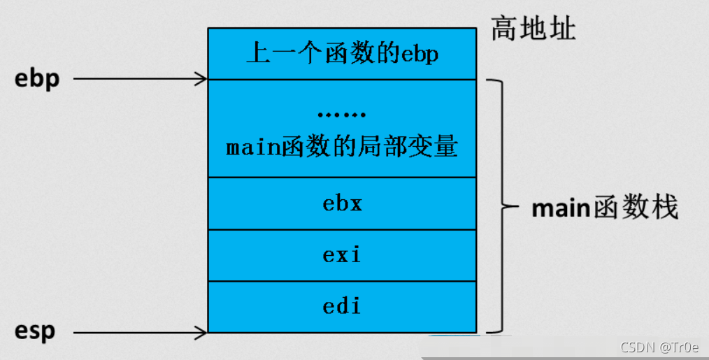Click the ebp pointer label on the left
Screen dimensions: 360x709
37,79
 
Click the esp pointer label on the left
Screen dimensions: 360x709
34,331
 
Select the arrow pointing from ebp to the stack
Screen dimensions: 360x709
140,79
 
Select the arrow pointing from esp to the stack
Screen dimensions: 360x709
140,333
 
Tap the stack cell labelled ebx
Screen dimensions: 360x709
342,203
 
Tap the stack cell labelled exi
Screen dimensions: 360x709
342,255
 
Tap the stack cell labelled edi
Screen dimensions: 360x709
342,306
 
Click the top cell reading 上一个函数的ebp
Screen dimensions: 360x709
342,54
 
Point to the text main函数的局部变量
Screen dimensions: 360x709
342,147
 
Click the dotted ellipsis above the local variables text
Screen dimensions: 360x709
341,115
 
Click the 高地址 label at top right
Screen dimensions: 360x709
533,29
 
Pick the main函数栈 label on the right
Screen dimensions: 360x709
605,208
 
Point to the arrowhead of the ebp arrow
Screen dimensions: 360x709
202,79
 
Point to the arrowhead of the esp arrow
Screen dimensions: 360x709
202,333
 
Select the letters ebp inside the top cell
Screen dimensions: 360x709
419,55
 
